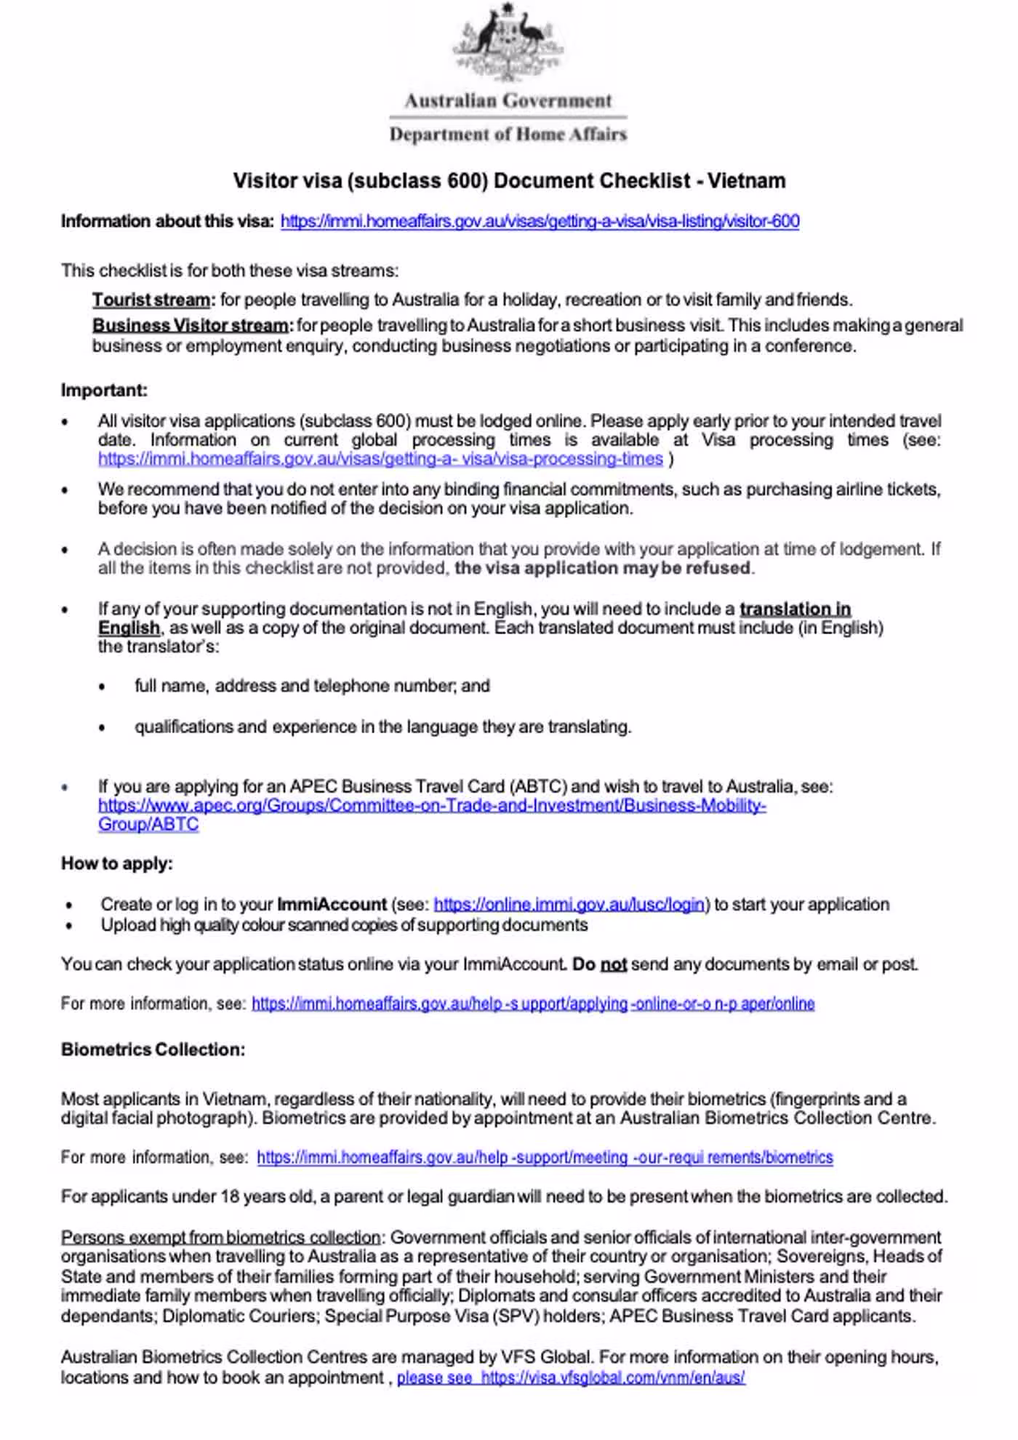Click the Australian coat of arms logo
point(508,42)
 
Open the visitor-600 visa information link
point(540,221)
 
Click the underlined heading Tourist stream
point(151,300)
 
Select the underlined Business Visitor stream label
point(191,325)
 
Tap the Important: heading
point(104,391)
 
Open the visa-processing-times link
point(380,459)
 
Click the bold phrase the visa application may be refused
point(602,568)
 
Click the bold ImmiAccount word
point(332,904)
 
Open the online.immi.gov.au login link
point(569,904)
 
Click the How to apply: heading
point(117,863)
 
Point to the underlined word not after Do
point(614,964)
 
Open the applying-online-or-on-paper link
point(532,1004)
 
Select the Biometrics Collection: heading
point(153,1049)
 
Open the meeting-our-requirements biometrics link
point(545,1157)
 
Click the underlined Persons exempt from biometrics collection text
point(221,1237)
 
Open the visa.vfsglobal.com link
point(612,1377)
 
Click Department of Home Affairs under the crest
point(508,135)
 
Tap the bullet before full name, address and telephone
point(103,687)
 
